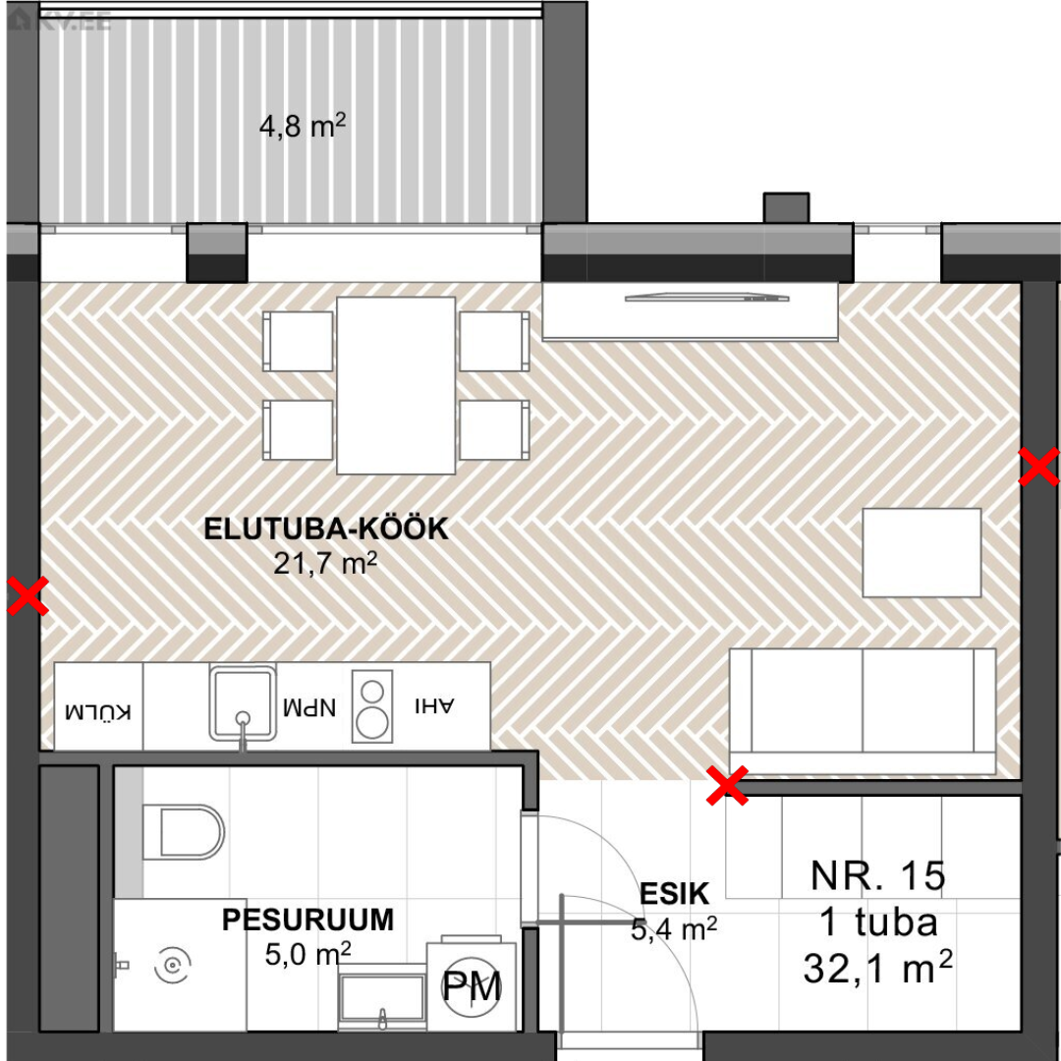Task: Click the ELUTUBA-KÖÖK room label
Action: (326, 529)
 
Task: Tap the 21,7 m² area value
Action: (325, 562)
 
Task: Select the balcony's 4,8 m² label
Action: (303, 126)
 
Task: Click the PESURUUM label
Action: (307, 920)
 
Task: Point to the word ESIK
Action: (674, 894)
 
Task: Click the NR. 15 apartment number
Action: (877, 875)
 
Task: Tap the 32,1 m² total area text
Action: (877, 968)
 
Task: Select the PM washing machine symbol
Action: (472, 986)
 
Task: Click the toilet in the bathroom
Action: (184, 832)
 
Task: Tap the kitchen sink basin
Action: (243, 701)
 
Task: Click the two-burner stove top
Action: (372, 706)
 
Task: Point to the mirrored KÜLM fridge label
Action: (98, 711)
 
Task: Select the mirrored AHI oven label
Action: (434, 705)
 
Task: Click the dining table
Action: (396, 386)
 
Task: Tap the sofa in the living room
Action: (863, 711)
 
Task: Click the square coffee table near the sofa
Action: (921, 553)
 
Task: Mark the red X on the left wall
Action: (28, 596)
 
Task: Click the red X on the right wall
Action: (1038, 467)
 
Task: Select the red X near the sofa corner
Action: (727, 786)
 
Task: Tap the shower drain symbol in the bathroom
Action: (173, 965)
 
